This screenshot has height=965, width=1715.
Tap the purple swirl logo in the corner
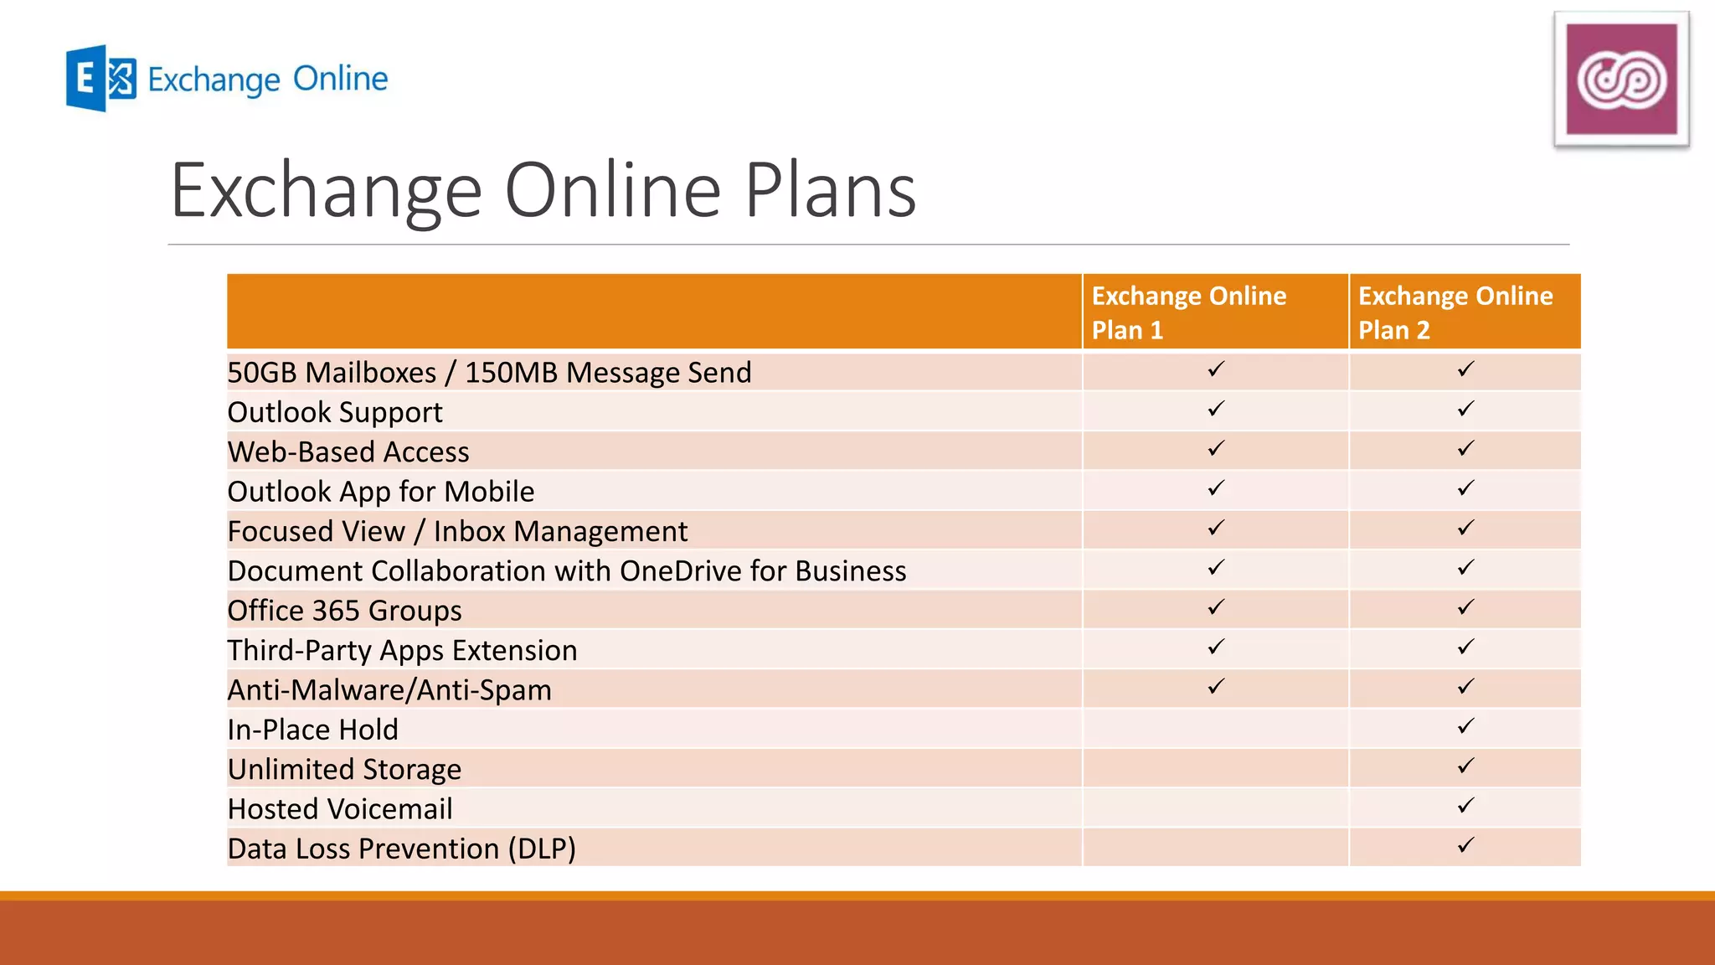coord(1621,79)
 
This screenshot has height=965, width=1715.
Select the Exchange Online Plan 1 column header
coord(1188,312)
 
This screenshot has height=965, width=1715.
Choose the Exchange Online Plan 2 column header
coord(1455,312)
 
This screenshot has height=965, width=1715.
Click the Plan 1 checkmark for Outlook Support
coord(1216,409)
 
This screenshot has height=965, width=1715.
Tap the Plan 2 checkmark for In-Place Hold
coord(1465,726)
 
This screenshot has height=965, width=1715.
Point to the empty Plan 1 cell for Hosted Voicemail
coord(1215,808)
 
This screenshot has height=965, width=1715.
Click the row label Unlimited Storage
coord(344,769)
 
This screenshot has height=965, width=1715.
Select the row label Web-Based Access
coord(348,452)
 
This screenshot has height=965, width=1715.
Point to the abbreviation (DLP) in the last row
coord(541,849)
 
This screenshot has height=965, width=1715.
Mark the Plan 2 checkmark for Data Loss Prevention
coord(1465,845)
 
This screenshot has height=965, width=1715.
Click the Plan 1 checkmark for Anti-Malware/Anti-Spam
coord(1216,687)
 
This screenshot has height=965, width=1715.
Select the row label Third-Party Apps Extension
coord(402,650)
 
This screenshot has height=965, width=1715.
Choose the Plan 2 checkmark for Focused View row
coord(1465,528)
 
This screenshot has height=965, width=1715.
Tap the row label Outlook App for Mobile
coord(380,492)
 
